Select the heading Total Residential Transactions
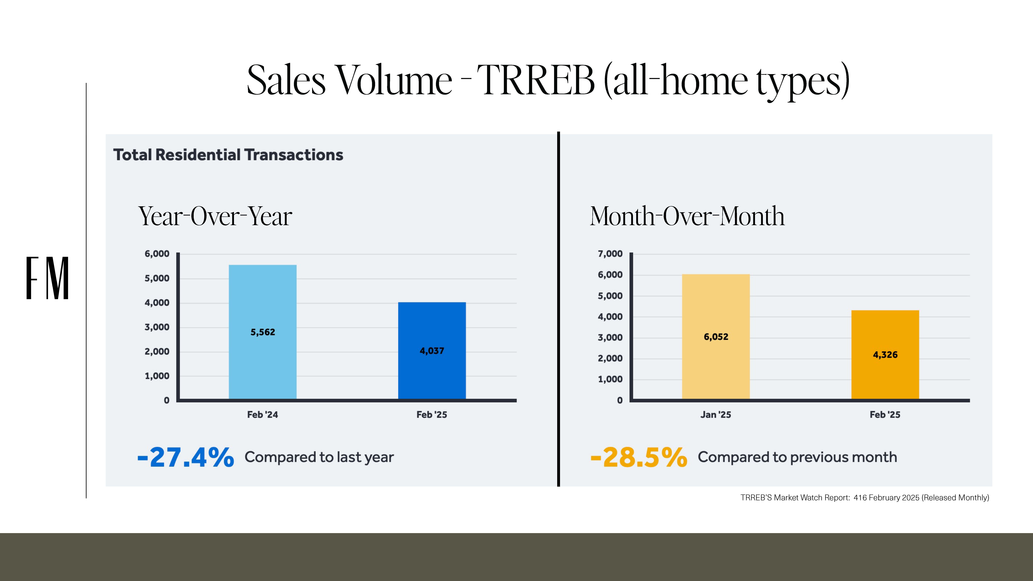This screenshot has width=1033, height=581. point(228,155)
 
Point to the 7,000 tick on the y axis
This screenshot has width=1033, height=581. point(610,254)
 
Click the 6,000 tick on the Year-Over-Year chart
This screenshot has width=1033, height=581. point(157,254)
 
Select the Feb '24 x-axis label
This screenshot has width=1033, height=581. point(263,415)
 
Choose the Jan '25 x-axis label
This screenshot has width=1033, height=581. point(716,415)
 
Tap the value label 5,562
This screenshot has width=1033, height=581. point(263,332)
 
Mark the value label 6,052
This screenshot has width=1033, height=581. point(716,337)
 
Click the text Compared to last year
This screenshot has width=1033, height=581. point(319,457)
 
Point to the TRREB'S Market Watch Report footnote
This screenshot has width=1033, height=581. point(865,498)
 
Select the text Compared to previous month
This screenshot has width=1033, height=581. point(797,457)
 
